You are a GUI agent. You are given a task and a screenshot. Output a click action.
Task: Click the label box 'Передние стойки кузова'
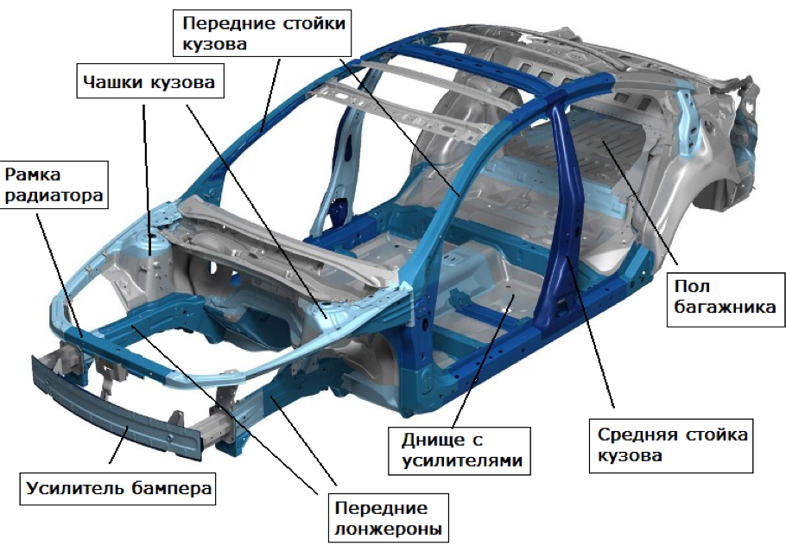pos(264,33)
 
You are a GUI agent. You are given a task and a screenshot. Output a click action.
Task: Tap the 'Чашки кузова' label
pos(148,84)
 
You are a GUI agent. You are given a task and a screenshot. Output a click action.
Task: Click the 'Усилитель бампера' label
pos(117,489)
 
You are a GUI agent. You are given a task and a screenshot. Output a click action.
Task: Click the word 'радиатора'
pos(54,195)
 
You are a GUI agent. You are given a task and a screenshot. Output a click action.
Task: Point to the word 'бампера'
pos(169,490)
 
